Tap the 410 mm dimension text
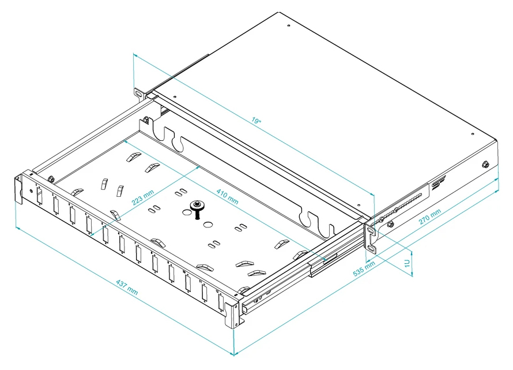pyautogui.click(x=227, y=196)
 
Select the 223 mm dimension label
pyautogui.click(x=142, y=197)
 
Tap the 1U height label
pyautogui.click(x=406, y=265)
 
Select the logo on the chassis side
pyautogui.click(x=437, y=183)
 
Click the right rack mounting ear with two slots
pyautogui.click(x=371, y=237)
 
